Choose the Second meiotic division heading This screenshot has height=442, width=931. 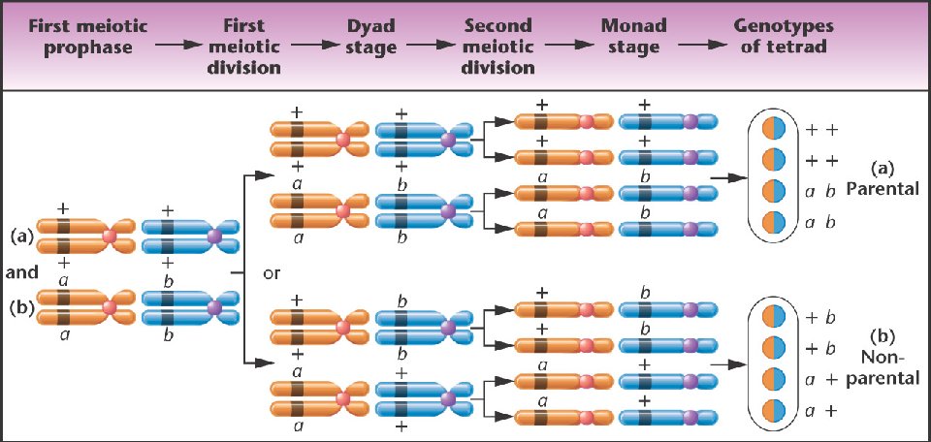click(498, 47)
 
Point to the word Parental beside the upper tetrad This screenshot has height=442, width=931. click(882, 189)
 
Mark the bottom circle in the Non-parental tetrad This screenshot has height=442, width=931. click(772, 409)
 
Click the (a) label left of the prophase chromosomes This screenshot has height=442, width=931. click(20, 236)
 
